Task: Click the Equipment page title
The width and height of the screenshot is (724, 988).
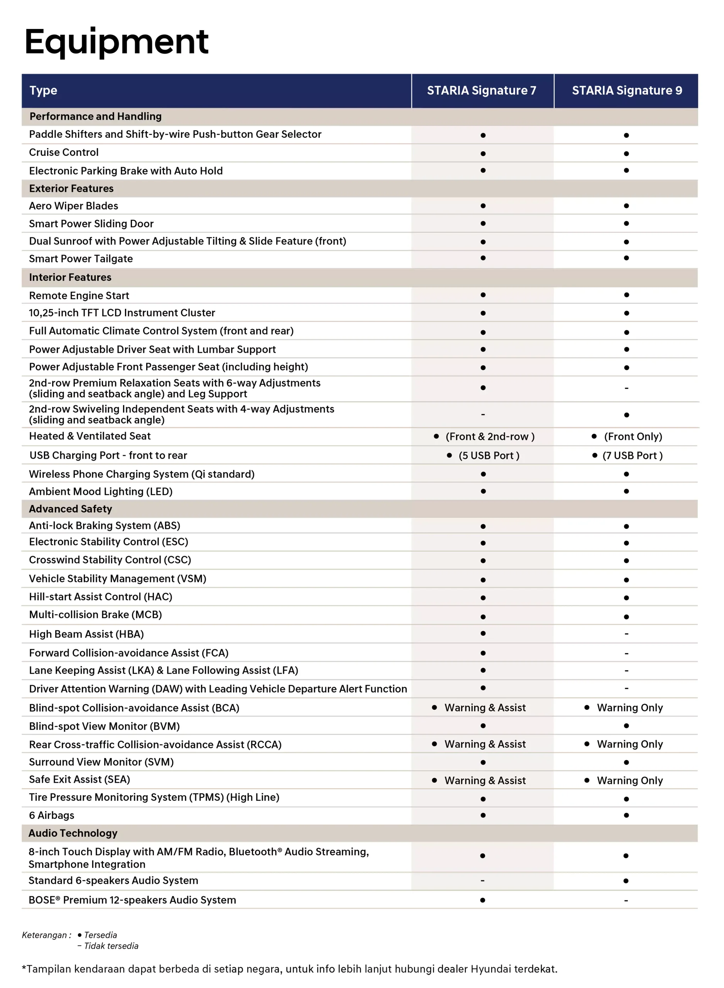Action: [x=116, y=42]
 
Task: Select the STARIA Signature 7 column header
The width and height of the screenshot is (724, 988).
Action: [x=481, y=91]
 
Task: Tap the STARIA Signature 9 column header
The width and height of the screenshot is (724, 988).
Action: [x=627, y=91]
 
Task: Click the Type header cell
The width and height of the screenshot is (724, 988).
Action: [x=43, y=91]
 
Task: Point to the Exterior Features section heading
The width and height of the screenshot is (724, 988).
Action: [x=71, y=188]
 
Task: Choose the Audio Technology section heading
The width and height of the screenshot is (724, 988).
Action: [x=73, y=833]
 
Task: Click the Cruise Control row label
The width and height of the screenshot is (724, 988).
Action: [x=64, y=152]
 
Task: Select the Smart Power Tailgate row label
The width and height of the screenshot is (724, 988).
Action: [x=81, y=259]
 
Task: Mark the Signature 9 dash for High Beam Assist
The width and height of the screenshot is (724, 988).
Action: [x=626, y=634]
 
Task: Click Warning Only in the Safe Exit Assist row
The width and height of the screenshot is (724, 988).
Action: [x=629, y=780]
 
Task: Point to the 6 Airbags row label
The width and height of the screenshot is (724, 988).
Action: [x=51, y=815]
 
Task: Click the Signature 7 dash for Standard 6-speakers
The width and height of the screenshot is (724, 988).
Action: [x=482, y=881]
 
